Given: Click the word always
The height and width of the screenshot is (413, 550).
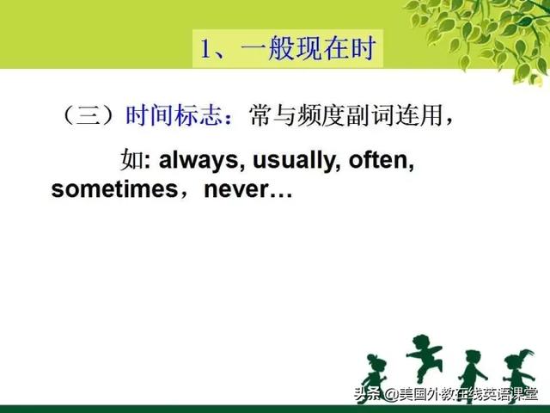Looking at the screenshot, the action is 198,161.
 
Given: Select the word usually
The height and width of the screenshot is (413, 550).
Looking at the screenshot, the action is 294,161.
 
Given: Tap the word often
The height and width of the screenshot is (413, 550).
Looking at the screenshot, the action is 378,160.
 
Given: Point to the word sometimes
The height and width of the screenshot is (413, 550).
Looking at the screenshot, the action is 114,189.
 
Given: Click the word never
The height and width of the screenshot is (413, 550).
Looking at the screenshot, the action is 236,190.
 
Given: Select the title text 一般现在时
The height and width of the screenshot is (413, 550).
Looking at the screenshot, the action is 309,48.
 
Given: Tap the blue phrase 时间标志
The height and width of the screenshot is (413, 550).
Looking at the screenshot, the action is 174,114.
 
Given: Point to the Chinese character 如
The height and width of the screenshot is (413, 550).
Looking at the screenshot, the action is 131,159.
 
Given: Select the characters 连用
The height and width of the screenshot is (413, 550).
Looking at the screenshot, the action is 419,115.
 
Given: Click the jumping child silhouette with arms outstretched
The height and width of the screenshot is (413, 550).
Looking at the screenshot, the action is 424,358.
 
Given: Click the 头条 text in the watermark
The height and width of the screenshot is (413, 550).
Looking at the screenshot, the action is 367,394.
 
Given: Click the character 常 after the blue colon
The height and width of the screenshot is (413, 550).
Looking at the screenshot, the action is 260,115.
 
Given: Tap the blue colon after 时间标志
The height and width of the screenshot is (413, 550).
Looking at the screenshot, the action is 229,118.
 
